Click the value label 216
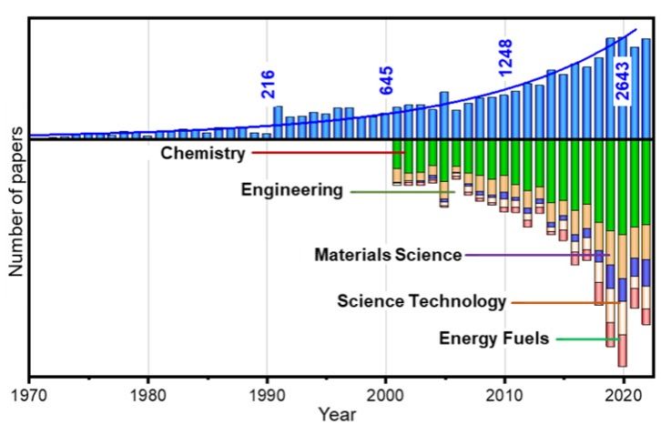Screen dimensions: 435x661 click(x=268, y=84)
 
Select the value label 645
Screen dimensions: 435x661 click(x=386, y=80)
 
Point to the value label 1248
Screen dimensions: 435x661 click(x=505, y=57)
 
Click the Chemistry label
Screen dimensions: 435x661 click(x=202, y=153)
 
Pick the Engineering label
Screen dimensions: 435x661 click(x=291, y=190)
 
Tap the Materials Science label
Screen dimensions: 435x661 click(x=388, y=255)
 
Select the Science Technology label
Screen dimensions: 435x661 click(x=421, y=301)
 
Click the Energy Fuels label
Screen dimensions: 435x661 click(x=493, y=339)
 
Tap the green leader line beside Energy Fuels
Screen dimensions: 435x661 click(x=587, y=339)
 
